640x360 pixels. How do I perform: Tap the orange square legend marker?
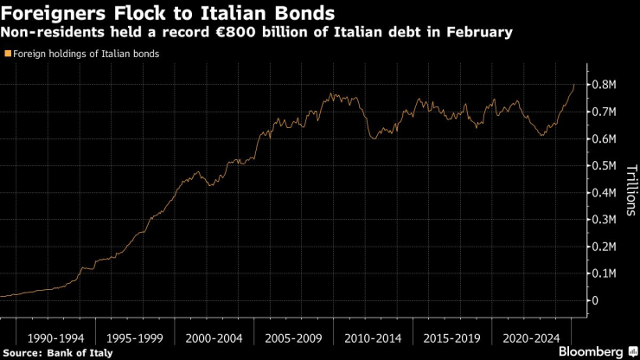pyautogui.click(x=8, y=53)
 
